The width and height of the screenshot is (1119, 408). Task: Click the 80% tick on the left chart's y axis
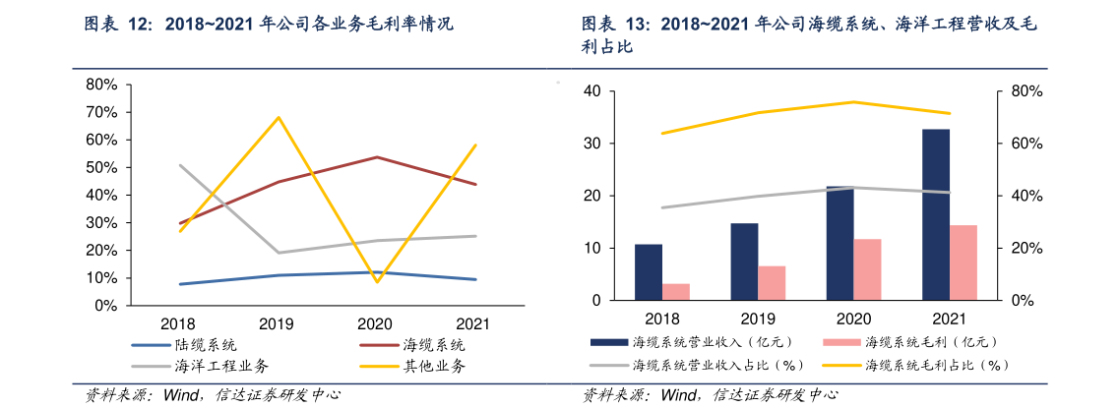pos(102,85)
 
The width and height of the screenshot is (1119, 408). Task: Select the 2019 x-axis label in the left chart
pos(277,323)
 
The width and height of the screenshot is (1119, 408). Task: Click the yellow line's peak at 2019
pos(279,117)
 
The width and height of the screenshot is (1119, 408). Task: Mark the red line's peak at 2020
pos(377,157)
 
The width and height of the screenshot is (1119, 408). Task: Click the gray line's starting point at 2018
pos(180,165)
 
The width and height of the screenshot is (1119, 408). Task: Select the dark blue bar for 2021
pos(936,214)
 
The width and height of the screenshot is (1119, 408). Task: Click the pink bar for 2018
pos(676,292)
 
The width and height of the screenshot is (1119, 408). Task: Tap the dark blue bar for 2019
pos(744,262)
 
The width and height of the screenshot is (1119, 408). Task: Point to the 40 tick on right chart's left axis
pos(592,91)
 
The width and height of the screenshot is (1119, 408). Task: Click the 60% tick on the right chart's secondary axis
pos(1016,144)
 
